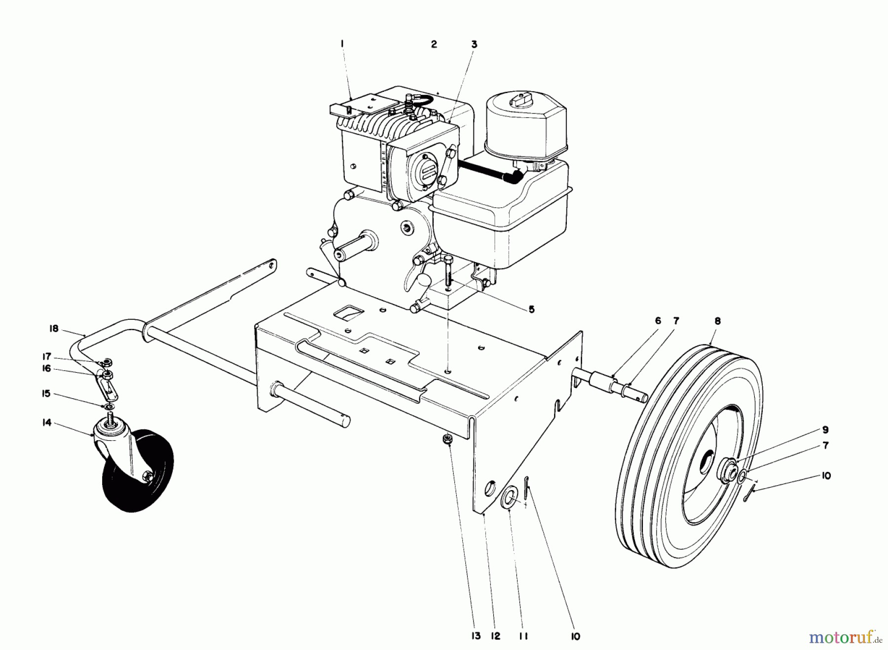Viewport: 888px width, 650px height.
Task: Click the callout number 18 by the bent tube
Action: click(x=54, y=329)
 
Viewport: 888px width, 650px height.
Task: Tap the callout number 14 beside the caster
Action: click(x=46, y=423)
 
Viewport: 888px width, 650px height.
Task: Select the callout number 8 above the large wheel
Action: click(x=717, y=321)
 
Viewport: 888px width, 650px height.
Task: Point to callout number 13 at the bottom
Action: click(x=476, y=636)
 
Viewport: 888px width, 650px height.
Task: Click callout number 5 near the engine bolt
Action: click(x=531, y=309)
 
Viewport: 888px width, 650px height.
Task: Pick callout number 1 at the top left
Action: click(x=342, y=44)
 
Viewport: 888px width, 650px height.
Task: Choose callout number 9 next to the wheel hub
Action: click(x=825, y=430)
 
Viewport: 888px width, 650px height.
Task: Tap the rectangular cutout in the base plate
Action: click(x=349, y=312)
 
